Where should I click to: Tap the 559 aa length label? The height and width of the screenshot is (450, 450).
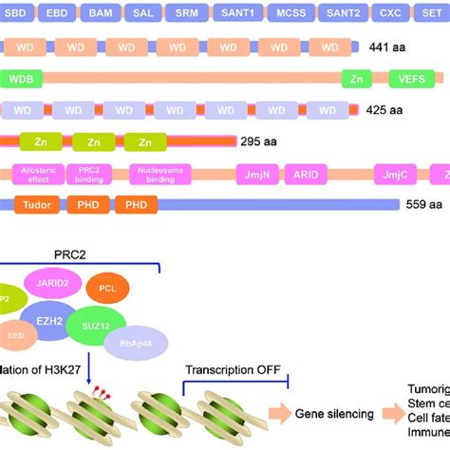[x=422, y=204]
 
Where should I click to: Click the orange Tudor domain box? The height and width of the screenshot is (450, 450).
[x=36, y=204]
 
